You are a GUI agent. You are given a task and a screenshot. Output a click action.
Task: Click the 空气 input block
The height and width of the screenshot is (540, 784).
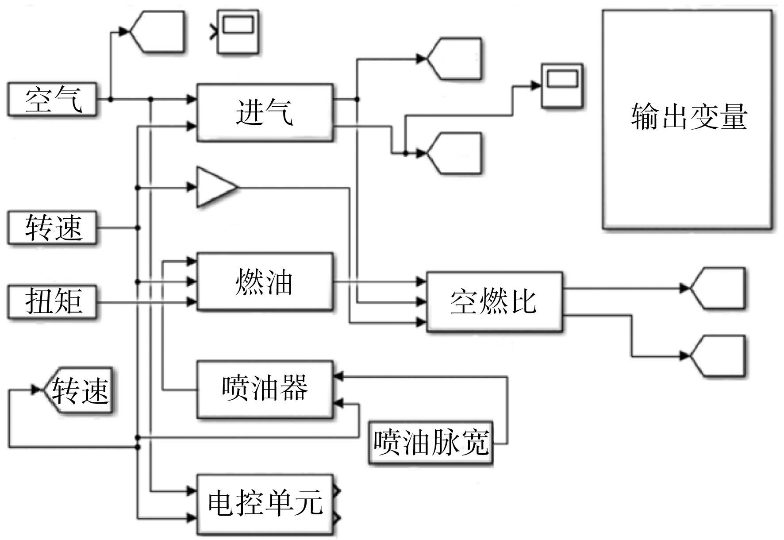point(52,100)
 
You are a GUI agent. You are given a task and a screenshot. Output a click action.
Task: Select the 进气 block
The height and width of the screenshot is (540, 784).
point(265,112)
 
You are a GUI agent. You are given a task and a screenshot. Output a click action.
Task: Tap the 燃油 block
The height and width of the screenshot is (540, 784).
point(265,282)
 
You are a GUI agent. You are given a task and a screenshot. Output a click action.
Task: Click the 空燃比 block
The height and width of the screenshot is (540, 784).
point(494,302)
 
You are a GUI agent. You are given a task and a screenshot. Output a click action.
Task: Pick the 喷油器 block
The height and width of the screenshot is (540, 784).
point(265,389)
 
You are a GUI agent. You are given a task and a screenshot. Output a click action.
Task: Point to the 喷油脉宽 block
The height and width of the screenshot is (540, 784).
point(431,442)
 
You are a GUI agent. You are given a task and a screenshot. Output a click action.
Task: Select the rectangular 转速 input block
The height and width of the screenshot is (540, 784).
point(52,228)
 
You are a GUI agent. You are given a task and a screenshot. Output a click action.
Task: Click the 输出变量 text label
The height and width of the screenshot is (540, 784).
point(689,117)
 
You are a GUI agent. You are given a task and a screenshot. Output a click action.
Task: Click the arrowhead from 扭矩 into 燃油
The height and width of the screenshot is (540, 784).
point(192,302)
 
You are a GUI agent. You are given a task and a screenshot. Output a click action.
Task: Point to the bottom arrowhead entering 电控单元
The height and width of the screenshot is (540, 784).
point(192,517)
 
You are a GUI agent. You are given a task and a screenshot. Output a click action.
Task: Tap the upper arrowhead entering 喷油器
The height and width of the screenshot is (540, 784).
point(338,377)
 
